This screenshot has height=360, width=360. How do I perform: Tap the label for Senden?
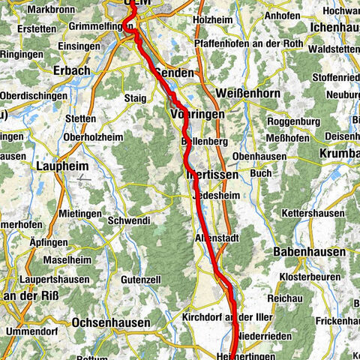[174, 73]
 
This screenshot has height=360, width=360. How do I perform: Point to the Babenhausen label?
[310, 253]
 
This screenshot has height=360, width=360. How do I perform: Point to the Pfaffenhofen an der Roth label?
[238, 44]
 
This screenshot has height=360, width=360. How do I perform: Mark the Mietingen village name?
[79, 214]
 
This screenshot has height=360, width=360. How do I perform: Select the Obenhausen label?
[259, 154]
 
